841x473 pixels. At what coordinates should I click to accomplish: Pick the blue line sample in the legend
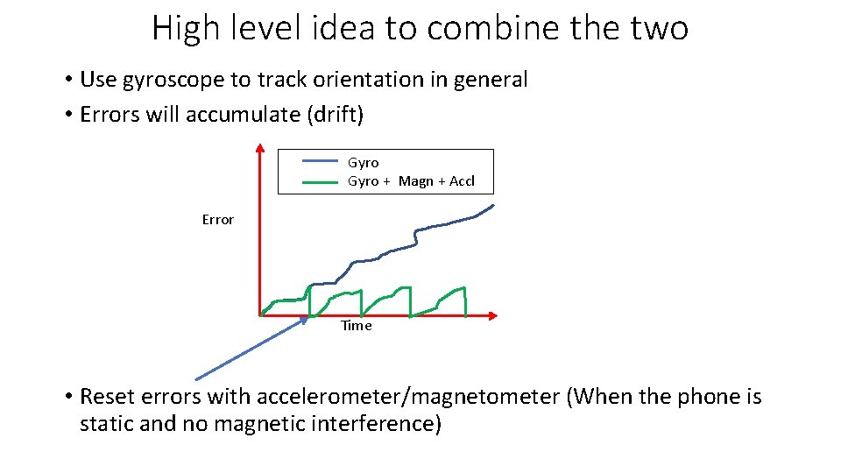(x=320, y=162)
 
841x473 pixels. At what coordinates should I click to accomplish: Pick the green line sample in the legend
(x=320, y=182)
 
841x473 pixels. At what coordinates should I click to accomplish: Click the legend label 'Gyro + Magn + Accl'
(x=411, y=181)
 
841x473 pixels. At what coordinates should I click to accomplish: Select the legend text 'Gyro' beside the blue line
(x=363, y=162)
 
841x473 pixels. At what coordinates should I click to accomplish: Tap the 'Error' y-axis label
(x=217, y=220)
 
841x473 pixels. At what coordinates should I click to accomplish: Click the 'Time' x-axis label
(x=356, y=326)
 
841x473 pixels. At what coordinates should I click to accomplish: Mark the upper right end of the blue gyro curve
(x=493, y=206)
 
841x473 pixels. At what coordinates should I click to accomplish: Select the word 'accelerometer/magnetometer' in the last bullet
(x=407, y=397)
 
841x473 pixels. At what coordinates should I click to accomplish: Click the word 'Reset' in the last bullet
(x=105, y=397)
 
